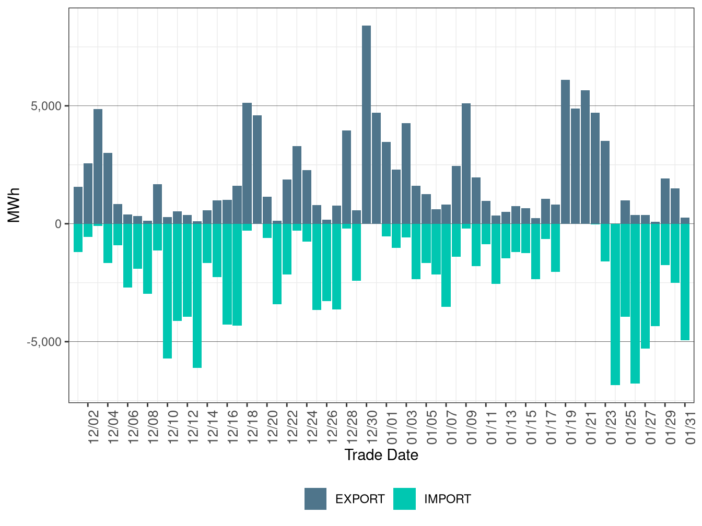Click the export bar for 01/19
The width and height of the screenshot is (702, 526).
tap(565, 151)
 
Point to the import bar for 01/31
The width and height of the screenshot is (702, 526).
tap(685, 282)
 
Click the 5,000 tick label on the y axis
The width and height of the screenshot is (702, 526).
tap(46, 106)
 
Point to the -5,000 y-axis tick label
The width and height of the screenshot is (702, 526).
tap(44, 342)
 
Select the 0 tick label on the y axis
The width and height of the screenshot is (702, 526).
tap(58, 224)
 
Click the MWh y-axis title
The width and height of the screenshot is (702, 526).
tap(14, 205)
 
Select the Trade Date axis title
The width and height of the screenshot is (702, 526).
tap(381, 455)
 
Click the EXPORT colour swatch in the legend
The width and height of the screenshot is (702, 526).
tap(315, 499)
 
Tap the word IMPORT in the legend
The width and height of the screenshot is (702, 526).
tap(447, 499)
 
